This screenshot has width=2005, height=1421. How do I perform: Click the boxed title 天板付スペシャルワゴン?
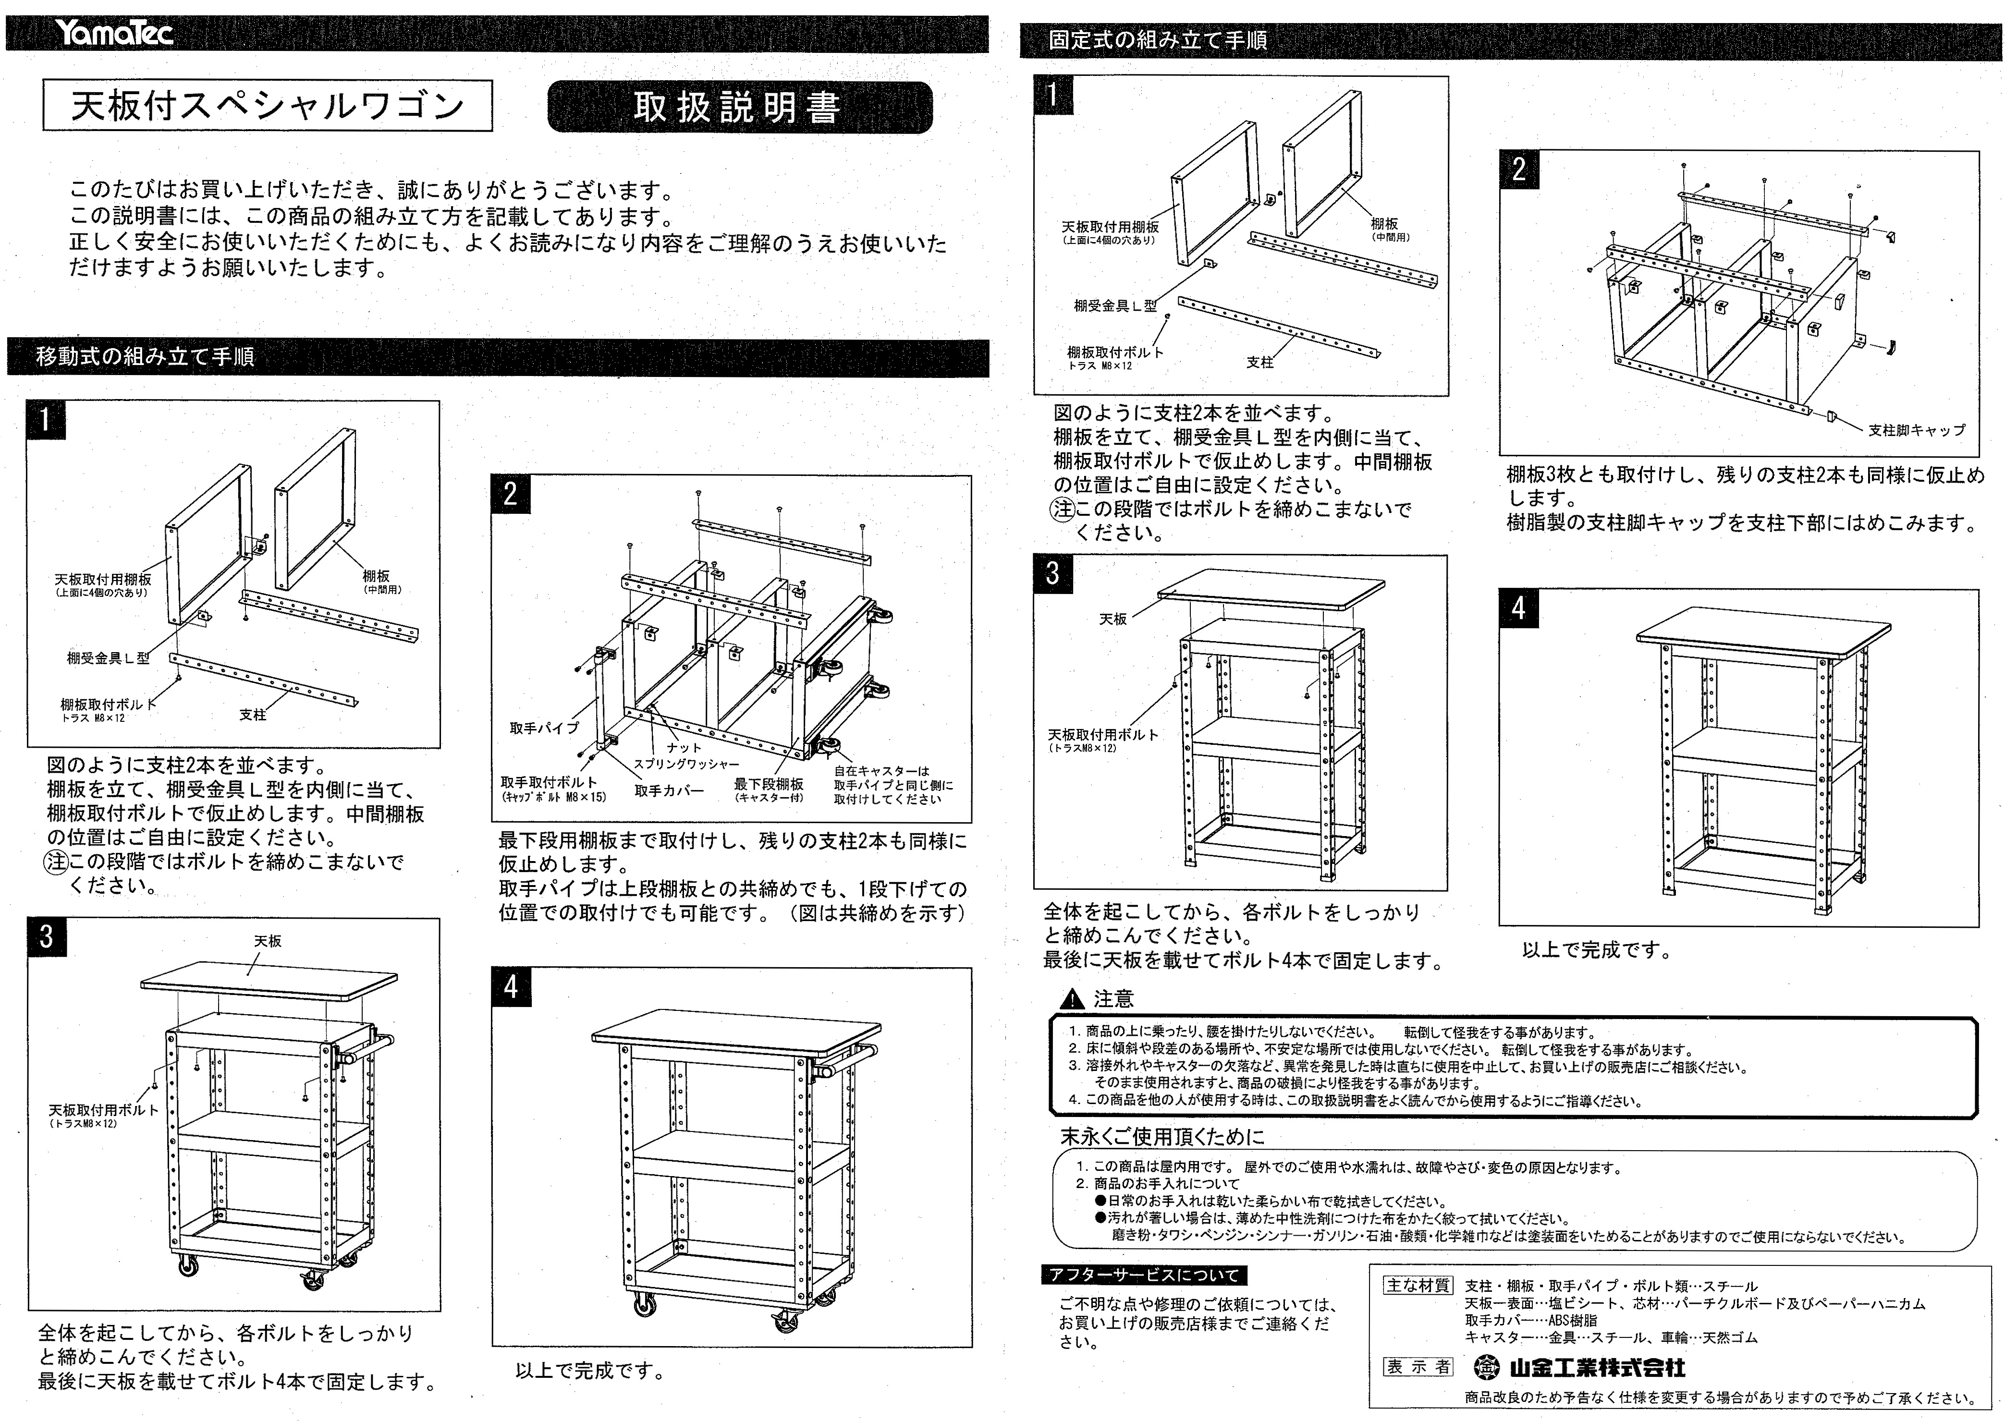[x=267, y=106]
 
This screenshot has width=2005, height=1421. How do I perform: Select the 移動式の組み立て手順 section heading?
[x=145, y=357]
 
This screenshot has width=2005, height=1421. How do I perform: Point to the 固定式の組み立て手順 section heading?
[x=1157, y=40]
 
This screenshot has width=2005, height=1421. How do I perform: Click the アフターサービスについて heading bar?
[x=1144, y=1275]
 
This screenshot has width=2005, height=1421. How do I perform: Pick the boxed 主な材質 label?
[x=1417, y=1286]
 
